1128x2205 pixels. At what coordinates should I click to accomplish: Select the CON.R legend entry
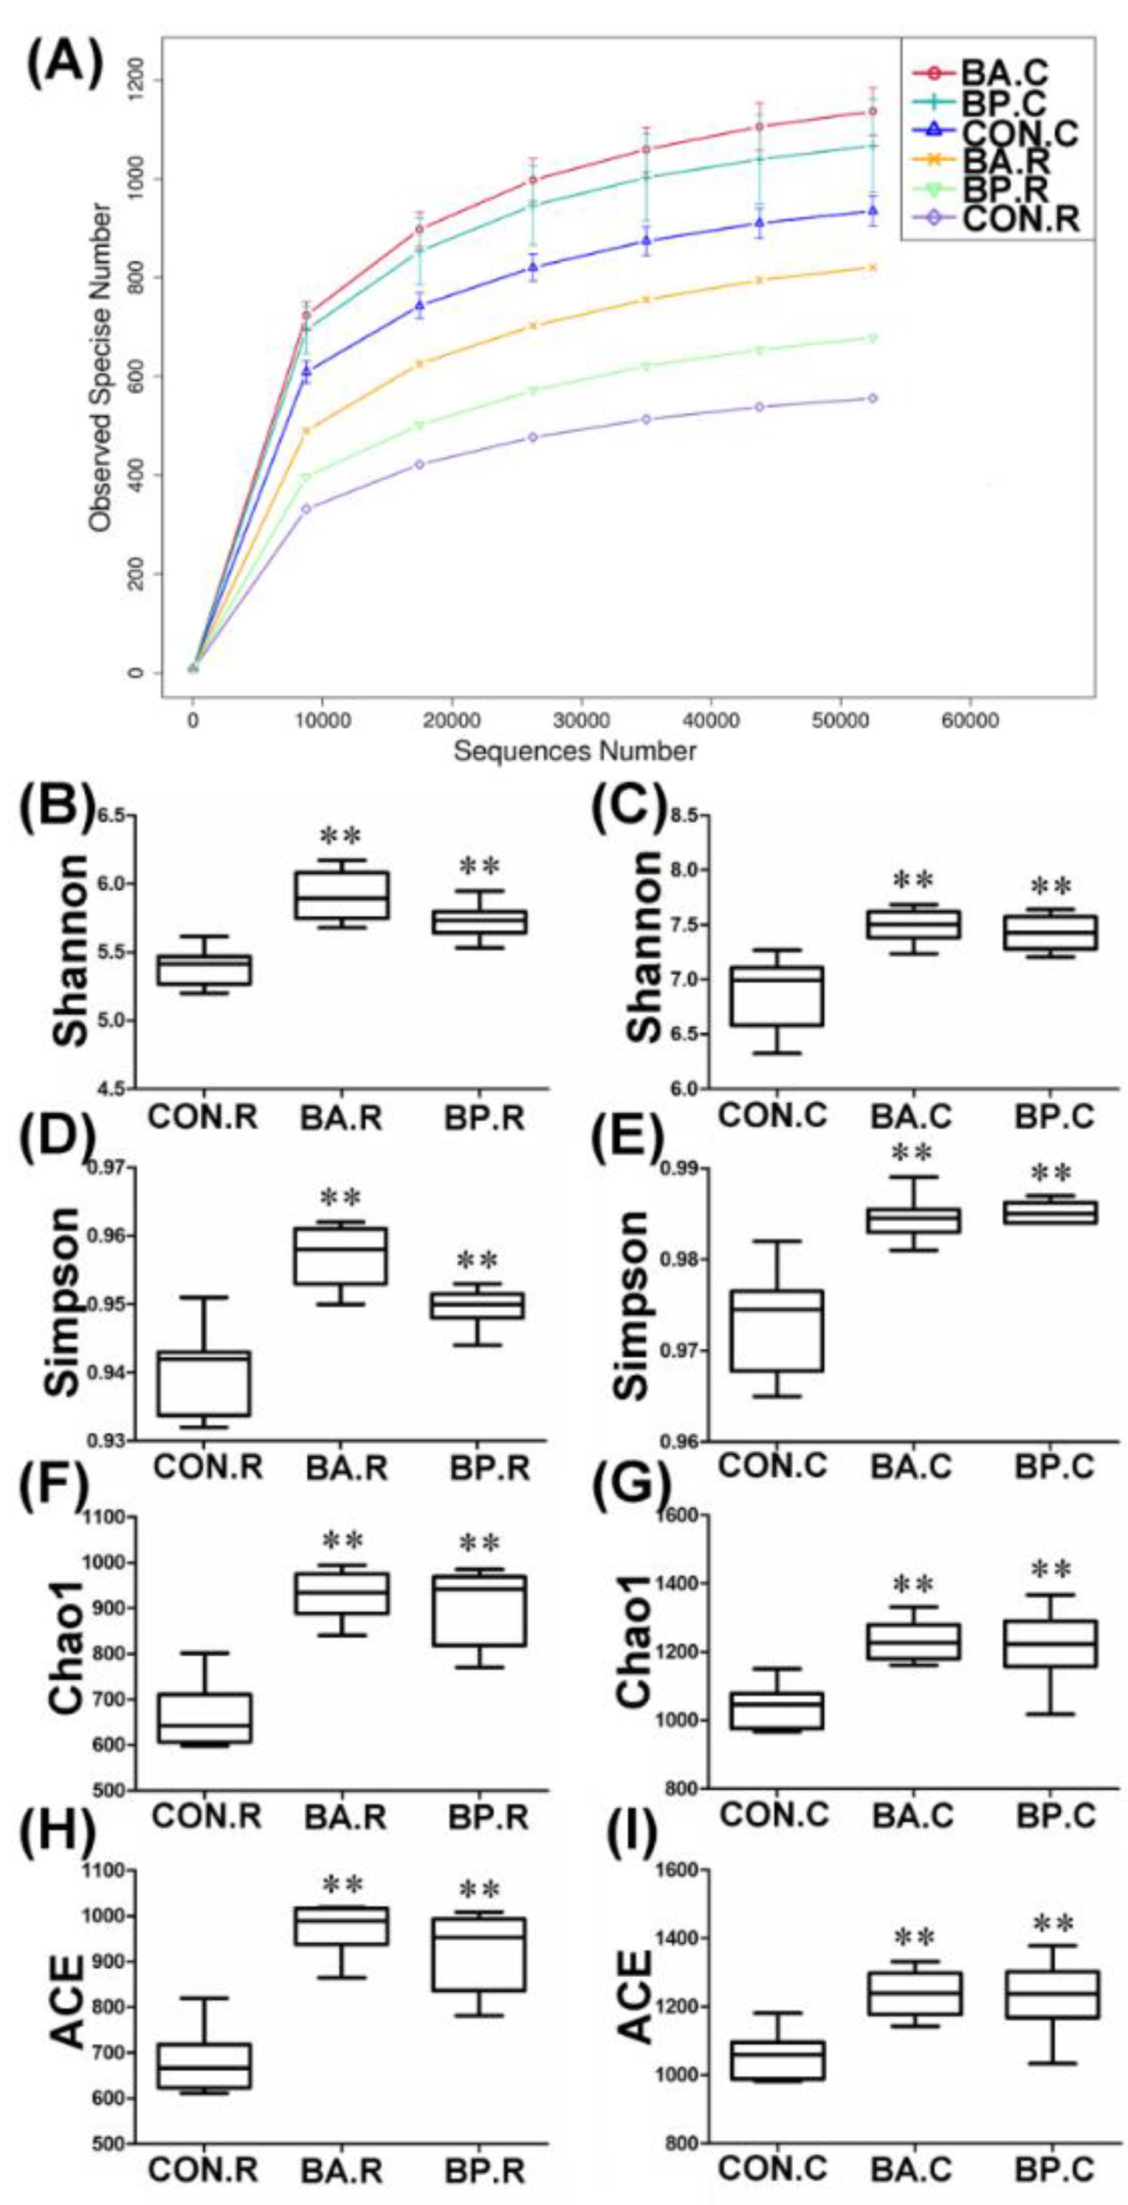1020,219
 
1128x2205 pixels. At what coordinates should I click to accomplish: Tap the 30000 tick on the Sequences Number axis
582,721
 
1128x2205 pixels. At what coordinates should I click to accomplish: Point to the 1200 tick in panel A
136,80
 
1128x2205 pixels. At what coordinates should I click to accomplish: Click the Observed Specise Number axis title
100,368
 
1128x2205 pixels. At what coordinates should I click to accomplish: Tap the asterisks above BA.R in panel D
341,1197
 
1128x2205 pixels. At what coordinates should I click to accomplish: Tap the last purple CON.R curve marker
872,399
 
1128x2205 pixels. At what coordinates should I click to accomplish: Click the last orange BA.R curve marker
872,267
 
